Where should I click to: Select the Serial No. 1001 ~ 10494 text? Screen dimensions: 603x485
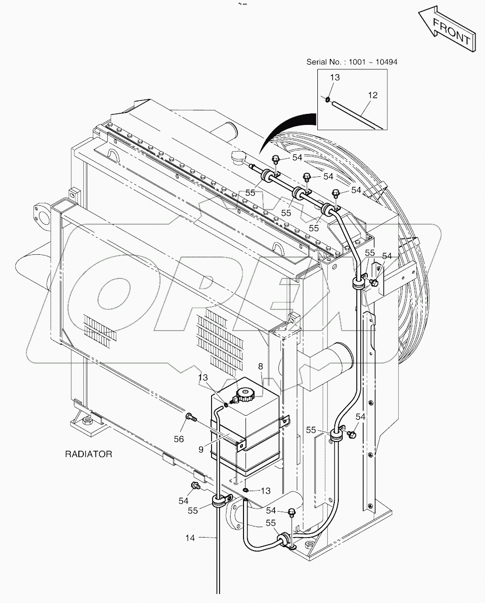pos(352,61)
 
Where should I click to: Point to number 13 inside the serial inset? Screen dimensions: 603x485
pos(334,77)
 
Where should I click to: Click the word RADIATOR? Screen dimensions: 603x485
pos(88,454)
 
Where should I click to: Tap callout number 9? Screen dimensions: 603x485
pos(201,450)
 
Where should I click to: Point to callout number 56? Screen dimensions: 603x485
pos(179,439)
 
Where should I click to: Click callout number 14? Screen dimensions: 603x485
pos(190,538)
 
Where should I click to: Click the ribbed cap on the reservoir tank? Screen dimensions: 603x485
pos(245,394)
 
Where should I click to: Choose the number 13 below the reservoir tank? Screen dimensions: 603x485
pos(265,491)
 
